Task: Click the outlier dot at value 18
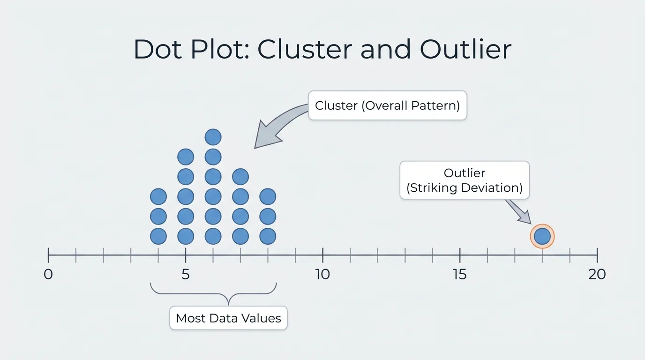click(x=542, y=236)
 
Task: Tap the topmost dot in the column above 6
click(x=213, y=137)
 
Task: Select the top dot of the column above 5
click(x=186, y=157)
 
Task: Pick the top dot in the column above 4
click(x=158, y=196)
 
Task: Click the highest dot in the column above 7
click(x=240, y=177)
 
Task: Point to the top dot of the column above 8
click(x=268, y=196)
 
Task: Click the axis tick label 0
click(x=48, y=274)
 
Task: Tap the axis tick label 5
click(x=186, y=274)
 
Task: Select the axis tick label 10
click(x=322, y=274)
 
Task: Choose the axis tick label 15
click(x=460, y=274)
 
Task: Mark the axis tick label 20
click(x=597, y=274)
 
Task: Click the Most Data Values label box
click(x=228, y=318)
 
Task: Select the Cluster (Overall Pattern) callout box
click(x=387, y=105)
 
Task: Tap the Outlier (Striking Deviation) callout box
click(x=464, y=180)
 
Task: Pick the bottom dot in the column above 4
click(x=158, y=236)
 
